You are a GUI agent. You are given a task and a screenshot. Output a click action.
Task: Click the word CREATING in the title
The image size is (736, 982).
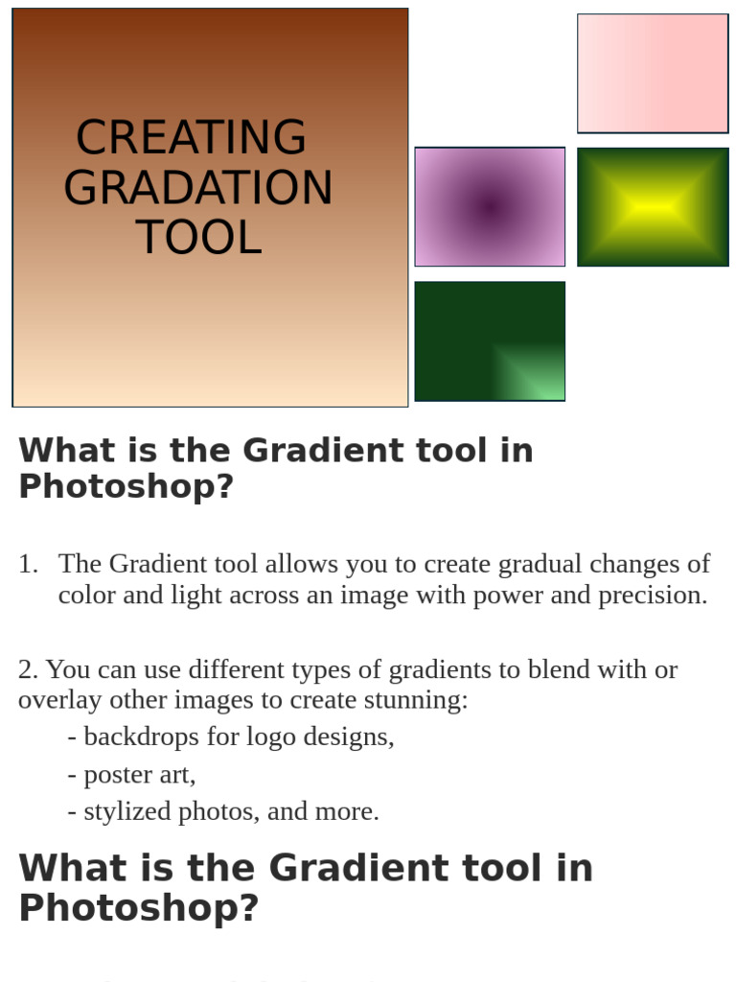(191, 138)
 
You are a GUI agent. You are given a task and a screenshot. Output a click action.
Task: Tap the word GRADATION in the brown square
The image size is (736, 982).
(197, 188)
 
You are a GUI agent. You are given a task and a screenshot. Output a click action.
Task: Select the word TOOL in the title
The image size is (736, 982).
(198, 238)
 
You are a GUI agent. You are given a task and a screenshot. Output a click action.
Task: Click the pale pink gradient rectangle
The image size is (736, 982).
(652, 73)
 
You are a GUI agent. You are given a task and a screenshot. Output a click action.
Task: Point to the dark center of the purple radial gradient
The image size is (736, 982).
(490, 205)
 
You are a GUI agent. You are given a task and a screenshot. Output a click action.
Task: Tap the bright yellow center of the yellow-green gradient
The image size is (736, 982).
(653, 207)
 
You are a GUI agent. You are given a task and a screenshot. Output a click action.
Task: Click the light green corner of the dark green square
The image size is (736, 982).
(537, 379)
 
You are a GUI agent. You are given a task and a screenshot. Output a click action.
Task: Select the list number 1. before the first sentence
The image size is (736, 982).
(28, 564)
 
